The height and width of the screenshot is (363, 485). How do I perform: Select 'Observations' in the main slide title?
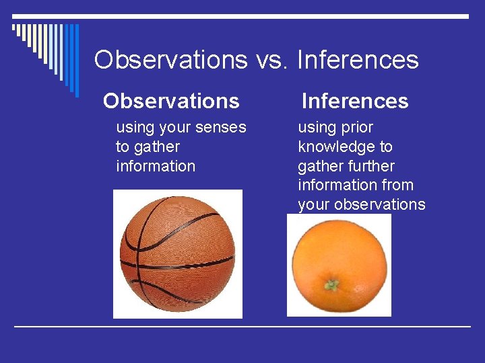tap(171, 60)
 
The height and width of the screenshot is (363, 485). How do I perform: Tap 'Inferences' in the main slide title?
tap(358, 60)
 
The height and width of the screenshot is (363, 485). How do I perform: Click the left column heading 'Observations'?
tap(171, 101)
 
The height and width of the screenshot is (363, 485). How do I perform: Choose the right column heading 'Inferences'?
tap(355, 101)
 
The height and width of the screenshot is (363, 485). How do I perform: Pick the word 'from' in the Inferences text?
tap(397, 185)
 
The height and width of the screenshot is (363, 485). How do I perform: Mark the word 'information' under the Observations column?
tap(156, 166)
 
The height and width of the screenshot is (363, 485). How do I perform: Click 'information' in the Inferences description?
tap(337, 185)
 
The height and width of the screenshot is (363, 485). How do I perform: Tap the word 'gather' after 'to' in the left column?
tap(157, 147)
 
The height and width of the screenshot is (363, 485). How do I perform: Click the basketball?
tap(177, 254)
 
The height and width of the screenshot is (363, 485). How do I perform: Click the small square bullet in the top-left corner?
tap(14, 28)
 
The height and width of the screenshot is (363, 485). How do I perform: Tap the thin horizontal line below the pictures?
tap(243, 327)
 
